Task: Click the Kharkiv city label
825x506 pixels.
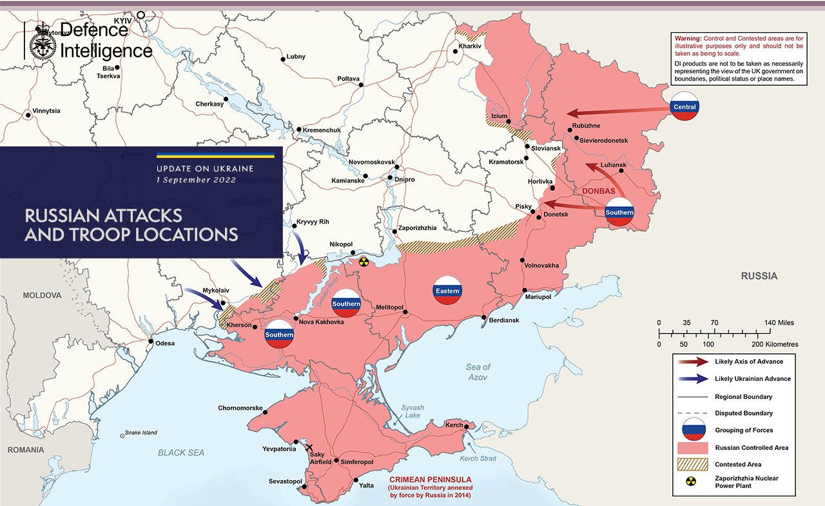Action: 470,46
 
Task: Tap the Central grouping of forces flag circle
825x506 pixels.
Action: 684,106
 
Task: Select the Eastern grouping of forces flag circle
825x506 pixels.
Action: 447,291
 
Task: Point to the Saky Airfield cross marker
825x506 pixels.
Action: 309,447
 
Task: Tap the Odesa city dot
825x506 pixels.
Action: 151,342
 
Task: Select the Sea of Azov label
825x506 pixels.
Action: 478,372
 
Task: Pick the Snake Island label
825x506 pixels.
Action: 141,433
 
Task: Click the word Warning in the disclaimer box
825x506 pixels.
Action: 686,39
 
